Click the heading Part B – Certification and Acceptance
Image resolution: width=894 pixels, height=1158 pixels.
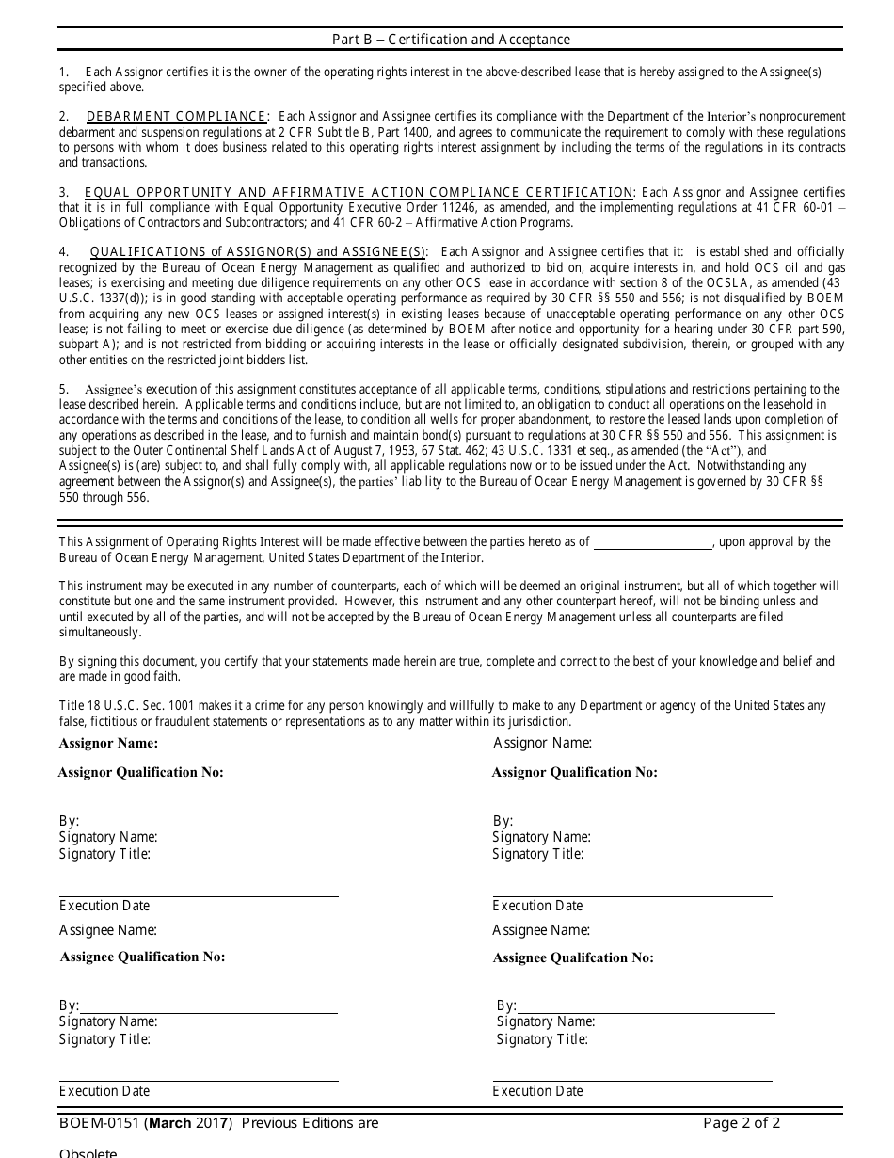[451, 40]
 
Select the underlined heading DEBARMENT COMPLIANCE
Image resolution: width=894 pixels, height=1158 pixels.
[176, 117]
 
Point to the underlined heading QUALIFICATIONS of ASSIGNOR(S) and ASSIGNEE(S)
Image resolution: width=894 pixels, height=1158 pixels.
[258, 252]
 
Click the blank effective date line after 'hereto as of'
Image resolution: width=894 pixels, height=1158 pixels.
[652, 543]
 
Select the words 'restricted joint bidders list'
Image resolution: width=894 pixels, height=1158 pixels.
[234, 360]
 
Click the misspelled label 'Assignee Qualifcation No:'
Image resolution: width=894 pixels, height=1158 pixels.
[573, 958]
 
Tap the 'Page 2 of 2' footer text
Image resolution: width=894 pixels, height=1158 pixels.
[742, 1123]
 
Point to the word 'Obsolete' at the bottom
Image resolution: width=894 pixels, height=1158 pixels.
[88, 1152]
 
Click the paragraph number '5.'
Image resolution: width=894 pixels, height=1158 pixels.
[64, 390]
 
